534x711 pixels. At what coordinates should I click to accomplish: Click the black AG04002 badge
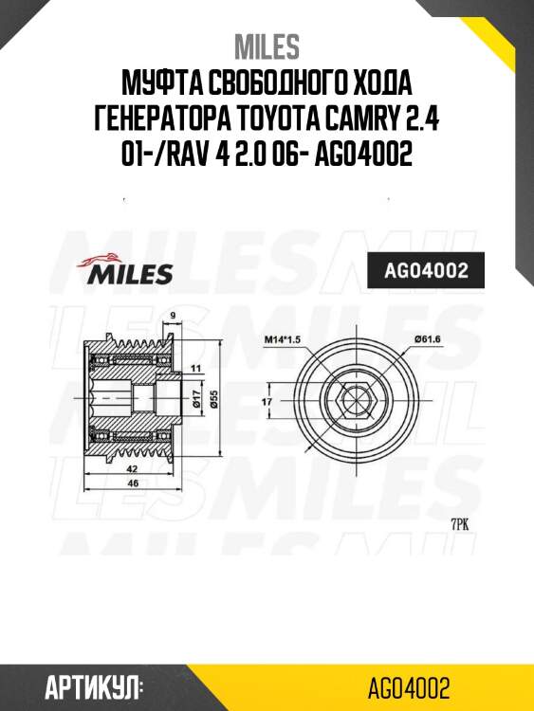coord(425,271)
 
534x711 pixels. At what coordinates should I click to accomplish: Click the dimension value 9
coord(172,316)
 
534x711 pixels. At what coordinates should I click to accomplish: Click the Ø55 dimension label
coord(213,401)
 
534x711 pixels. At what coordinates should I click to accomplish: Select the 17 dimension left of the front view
coord(266,401)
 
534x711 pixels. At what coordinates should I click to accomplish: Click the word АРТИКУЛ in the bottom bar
coord(93,687)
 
